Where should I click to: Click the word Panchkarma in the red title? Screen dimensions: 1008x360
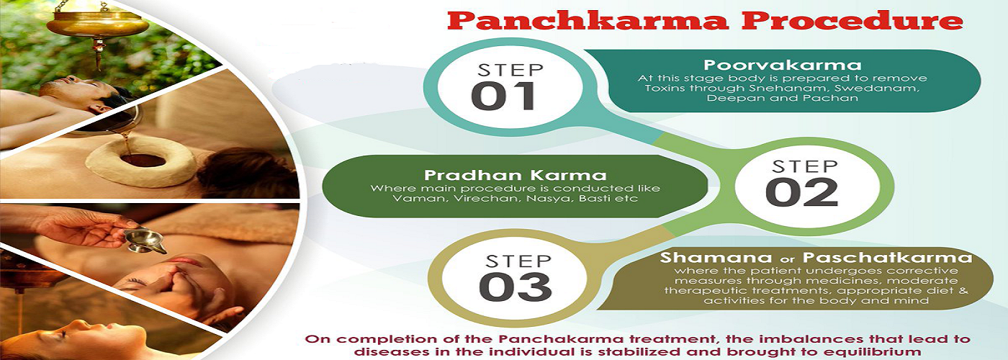tap(588, 22)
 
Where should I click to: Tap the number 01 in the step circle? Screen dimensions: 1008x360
tap(503, 96)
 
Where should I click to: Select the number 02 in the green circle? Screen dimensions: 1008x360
tap(801, 192)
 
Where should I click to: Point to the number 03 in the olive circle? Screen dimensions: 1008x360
tap(516, 287)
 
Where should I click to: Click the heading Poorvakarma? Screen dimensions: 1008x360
tap(783, 66)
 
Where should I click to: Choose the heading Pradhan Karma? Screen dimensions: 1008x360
tap(516, 175)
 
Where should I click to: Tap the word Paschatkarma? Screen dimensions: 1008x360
tap(887, 258)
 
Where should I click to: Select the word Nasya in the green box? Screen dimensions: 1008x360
tap(548, 199)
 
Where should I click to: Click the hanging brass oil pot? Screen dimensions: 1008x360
tap(97, 22)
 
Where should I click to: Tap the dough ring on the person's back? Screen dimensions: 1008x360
tap(140, 161)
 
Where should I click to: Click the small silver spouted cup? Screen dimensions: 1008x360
tap(145, 241)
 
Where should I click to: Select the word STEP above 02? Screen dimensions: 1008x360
tap(805, 166)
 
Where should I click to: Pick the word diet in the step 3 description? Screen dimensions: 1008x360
tap(935, 291)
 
